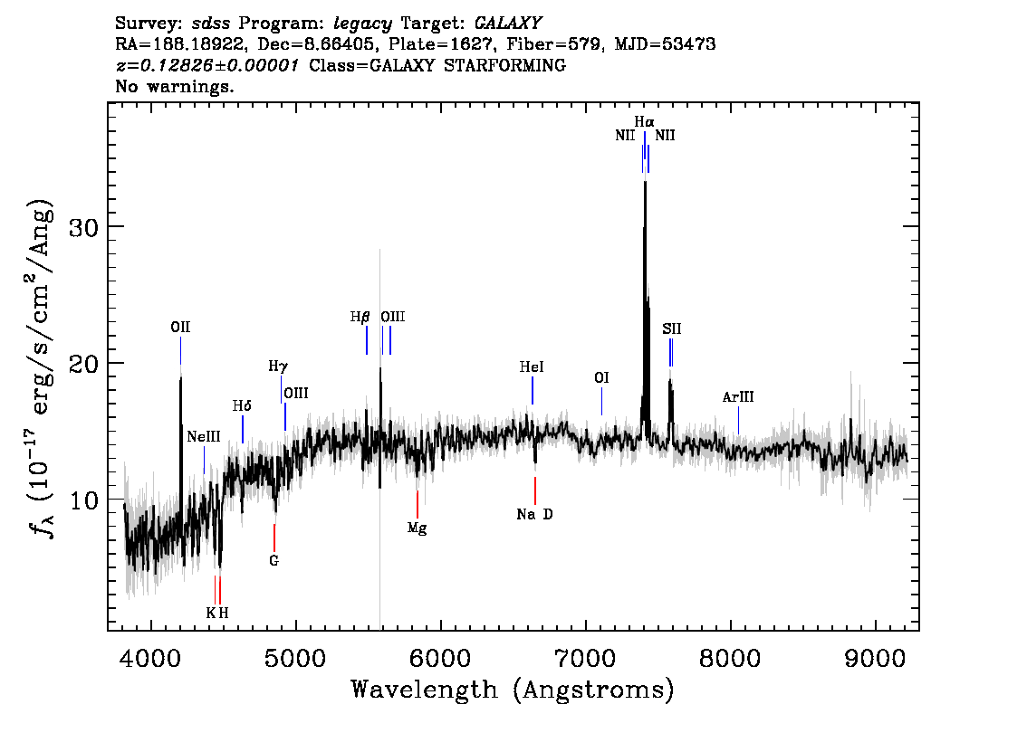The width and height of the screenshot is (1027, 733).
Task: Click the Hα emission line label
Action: click(x=644, y=122)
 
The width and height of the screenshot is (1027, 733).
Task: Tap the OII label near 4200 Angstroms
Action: click(x=180, y=328)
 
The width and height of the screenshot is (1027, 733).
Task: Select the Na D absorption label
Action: click(x=534, y=514)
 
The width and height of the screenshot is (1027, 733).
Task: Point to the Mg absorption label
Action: click(x=418, y=528)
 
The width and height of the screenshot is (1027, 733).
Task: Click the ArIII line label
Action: click(x=738, y=397)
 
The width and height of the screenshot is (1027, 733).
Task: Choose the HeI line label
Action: click(x=532, y=367)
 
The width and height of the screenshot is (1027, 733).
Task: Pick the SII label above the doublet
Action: click(x=671, y=329)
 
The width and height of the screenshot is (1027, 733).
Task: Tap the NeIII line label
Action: click(x=204, y=436)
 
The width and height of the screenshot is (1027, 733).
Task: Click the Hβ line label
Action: click(x=360, y=318)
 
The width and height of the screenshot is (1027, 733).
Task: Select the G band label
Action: click(x=274, y=561)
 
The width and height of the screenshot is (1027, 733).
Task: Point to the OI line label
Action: click(x=601, y=377)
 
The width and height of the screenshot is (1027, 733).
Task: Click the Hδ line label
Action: click(x=242, y=406)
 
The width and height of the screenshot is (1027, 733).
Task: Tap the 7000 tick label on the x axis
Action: click(x=584, y=659)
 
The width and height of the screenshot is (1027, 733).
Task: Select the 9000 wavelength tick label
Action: click(x=874, y=659)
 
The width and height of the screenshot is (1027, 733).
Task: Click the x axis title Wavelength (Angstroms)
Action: click(x=513, y=690)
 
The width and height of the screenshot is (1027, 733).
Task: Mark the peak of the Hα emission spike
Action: click(x=645, y=181)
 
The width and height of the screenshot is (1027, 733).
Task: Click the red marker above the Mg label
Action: click(x=418, y=504)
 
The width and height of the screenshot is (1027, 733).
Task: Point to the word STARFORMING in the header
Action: click(x=504, y=65)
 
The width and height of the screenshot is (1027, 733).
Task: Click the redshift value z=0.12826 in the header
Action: click(x=166, y=65)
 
